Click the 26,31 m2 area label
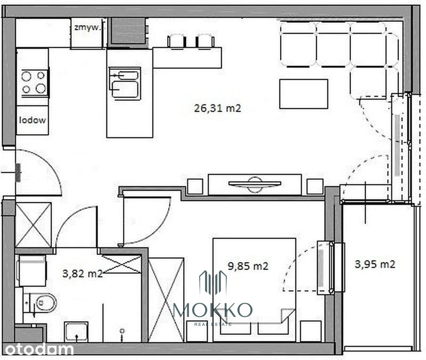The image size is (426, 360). pyautogui.click(x=217, y=108)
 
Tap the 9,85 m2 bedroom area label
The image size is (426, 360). pyautogui.click(x=248, y=266)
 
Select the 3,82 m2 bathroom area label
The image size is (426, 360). pyautogui.click(x=83, y=273)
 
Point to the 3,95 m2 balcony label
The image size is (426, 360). pyautogui.click(x=375, y=264)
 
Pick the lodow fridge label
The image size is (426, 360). pyautogui.click(x=32, y=120)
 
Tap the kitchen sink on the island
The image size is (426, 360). pyautogui.click(x=125, y=84)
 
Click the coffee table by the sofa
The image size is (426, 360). pyautogui.click(x=304, y=94)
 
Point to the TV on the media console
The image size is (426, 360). pyautogui.click(x=255, y=184)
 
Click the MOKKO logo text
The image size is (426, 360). pyautogui.click(x=212, y=310)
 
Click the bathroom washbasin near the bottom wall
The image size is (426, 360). pyautogui.click(x=76, y=332)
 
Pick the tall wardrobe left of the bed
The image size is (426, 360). pyautogui.click(x=166, y=300)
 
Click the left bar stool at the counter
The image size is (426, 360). pyautogui.click(x=177, y=42)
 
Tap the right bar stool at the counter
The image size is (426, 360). pyautogui.click(x=205, y=42)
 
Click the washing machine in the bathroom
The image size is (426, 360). pyautogui.click(x=31, y=271)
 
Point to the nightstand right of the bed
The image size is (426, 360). pyautogui.click(x=311, y=331)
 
